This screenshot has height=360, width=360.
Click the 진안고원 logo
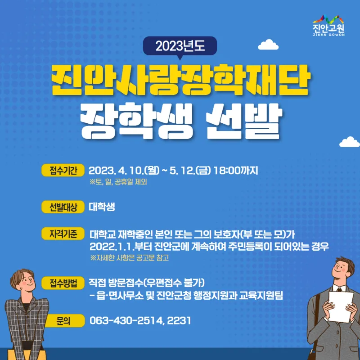tap(328, 26)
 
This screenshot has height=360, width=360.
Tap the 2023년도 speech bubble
tap(180, 47)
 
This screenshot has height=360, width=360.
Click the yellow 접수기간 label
tap(63, 171)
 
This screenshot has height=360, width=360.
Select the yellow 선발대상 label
tap(63, 207)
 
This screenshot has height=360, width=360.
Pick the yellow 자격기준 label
tap(63, 234)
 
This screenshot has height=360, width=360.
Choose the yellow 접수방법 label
tap(63, 283)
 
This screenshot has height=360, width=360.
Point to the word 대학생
tap(102, 207)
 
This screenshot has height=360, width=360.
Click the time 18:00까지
tap(236, 171)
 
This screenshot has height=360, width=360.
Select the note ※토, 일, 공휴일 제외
tap(118, 182)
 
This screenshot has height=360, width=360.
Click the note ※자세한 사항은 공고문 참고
tap(130, 258)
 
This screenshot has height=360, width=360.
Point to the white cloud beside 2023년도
tap(268, 45)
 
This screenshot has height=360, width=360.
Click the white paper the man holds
tap(341, 306)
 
